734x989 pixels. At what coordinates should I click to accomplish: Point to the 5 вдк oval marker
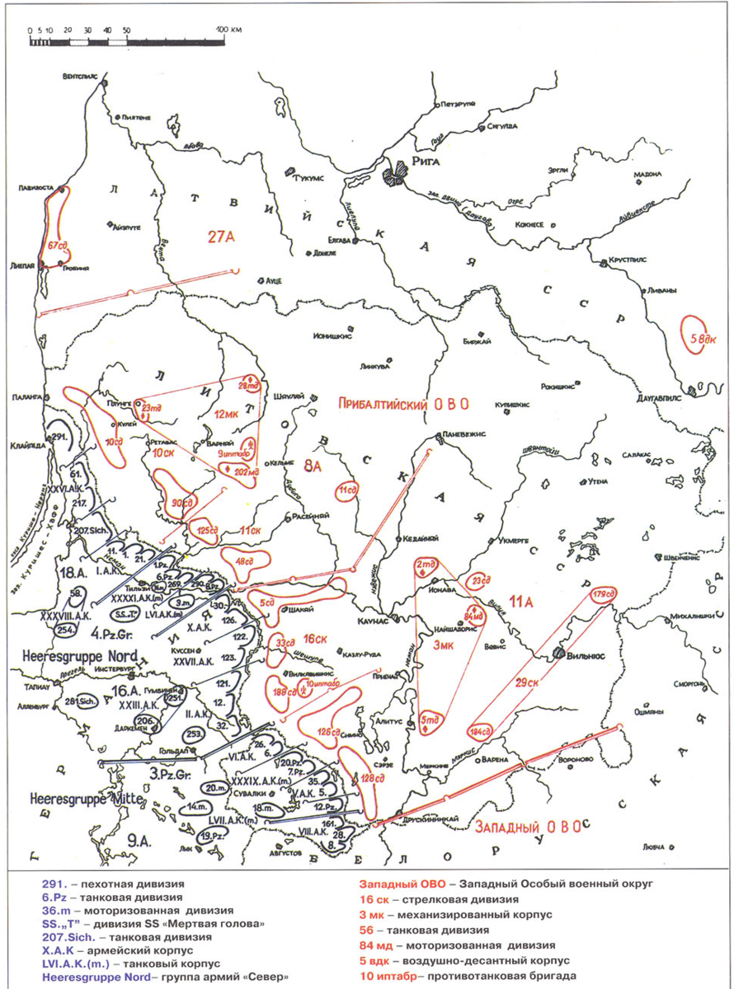(691, 335)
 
